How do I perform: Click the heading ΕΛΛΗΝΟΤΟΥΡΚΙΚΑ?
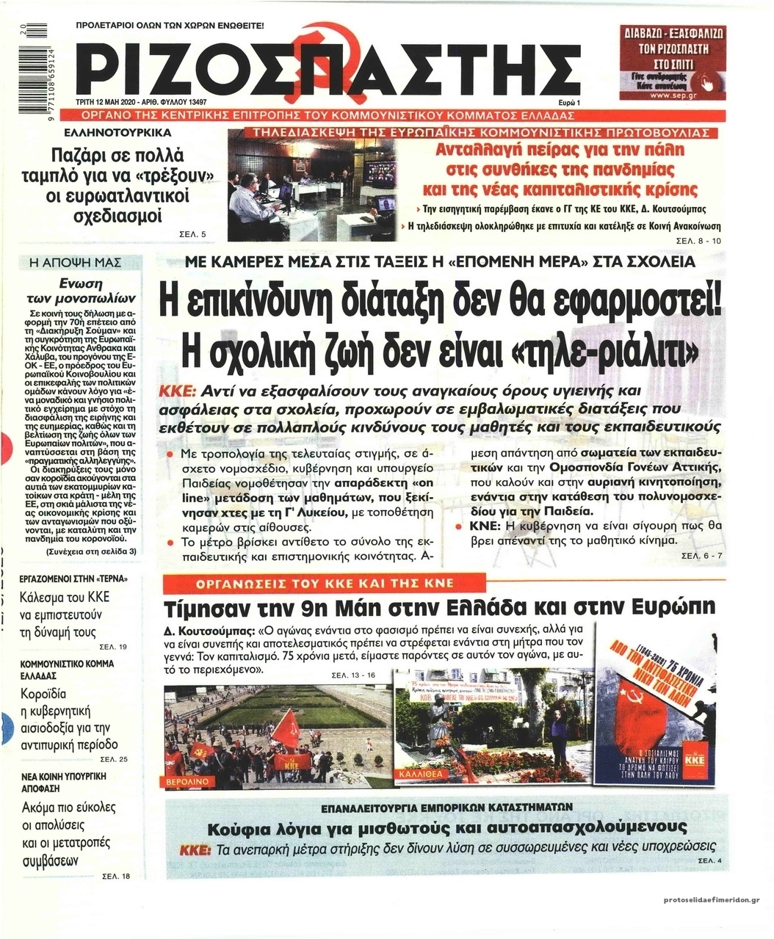point(118,134)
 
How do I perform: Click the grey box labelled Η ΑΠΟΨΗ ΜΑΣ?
point(81,263)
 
